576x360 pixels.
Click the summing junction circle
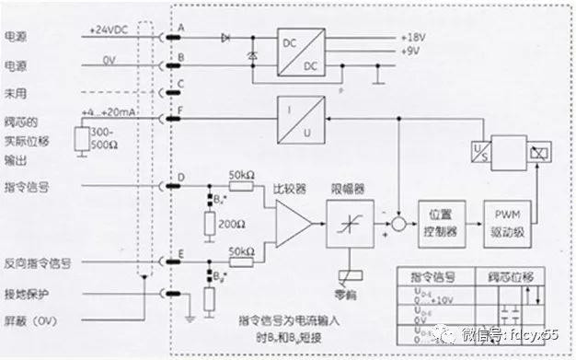(x=397, y=223)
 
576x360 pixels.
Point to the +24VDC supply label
(x=111, y=30)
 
